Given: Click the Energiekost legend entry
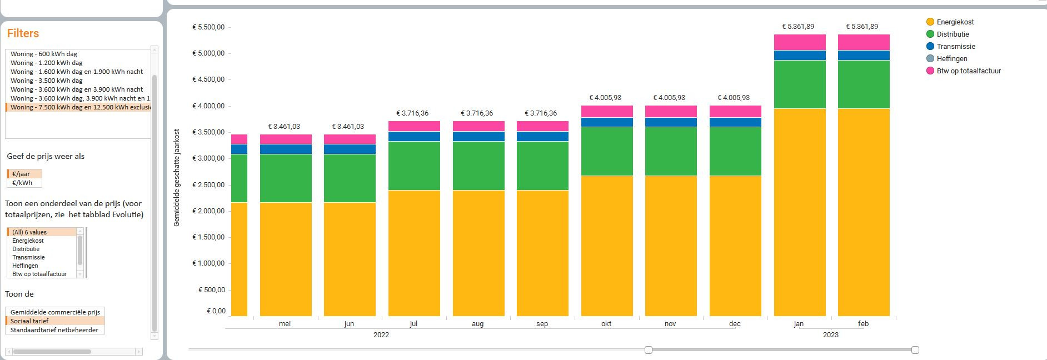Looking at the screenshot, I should click(x=955, y=22).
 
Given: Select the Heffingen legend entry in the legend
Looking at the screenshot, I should click(x=951, y=59).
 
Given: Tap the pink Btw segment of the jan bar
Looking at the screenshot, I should click(x=800, y=42).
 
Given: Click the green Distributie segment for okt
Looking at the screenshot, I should click(x=607, y=151).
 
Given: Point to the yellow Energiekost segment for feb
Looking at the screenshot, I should click(x=864, y=211).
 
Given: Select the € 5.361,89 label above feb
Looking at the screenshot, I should click(x=862, y=27).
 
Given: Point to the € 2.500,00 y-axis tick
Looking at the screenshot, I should click(x=208, y=185).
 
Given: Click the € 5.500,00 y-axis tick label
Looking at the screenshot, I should click(x=208, y=27).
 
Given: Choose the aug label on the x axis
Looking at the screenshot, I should click(x=477, y=324).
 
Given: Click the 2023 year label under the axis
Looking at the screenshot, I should click(x=830, y=335).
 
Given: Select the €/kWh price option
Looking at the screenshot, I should click(x=22, y=183).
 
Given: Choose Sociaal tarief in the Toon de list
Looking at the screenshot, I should click(x=29, y=321).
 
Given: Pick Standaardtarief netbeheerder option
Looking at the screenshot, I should click(x=54, y=330).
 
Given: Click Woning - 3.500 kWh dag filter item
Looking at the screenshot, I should click(x=47, y=81).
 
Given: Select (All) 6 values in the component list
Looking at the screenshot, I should click(x=29, y=232).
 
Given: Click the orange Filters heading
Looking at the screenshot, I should click(x=23, y=33).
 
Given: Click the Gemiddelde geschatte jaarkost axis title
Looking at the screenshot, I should click(x=177, y=178).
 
